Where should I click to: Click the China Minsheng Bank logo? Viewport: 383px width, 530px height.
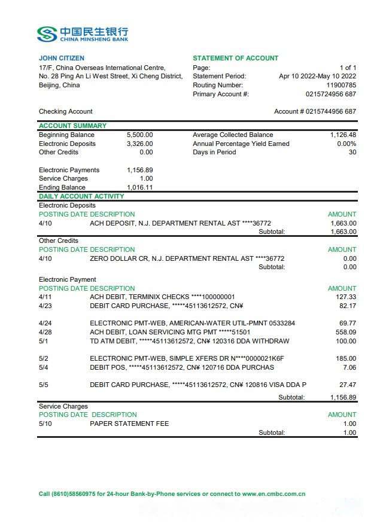pyautogui.click(x=82, y=33)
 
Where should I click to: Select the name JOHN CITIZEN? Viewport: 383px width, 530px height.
pyautogui.click(x=62, y=58)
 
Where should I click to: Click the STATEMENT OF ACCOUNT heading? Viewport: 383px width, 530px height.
pyautogui.click(x=235, y=58)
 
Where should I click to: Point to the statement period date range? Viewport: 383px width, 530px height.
pyautogui.click(x=317, y=76)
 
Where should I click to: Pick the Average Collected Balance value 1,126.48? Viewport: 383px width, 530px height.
pyautogui.click(x=343, y=135)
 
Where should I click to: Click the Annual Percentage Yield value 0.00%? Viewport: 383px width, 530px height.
pyautogui.click(x=346, y=144)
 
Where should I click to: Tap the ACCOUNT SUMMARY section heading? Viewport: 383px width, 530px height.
pyautogui.click(x=72, y=126)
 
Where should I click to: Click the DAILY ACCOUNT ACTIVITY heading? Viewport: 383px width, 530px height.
pyautogui.click(x=81, y=196)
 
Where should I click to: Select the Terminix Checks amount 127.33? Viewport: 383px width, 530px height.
pyautogui.click(x=346, y=297)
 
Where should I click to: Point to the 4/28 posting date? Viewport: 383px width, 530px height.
pyautogui.click(x=45, y=332)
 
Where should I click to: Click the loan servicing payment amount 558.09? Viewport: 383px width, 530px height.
pyautogui.click(x=346, y=332)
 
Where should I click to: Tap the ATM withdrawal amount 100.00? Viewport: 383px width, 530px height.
pyautogui.click(x=346, y=341)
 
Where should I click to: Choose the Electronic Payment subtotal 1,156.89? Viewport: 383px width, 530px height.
pyautogui.click(x=343, y=397)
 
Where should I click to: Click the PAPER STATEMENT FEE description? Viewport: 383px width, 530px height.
pyautogui.click(x=129, y=424)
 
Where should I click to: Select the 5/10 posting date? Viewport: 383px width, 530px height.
pyautogui.click(x=45, y=424)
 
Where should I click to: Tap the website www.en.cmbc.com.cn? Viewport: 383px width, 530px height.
pyautogui.click(x=273, y=494)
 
